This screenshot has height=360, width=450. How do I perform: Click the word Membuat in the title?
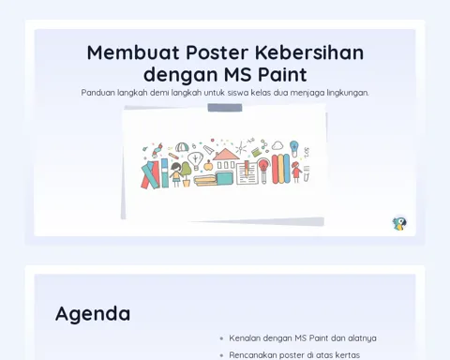tap(133, 52)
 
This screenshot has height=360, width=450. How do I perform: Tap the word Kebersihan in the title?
tap(309, 52)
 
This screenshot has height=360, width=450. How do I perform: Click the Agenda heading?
tap(93, 314)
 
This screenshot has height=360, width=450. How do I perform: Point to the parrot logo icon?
tap(399, 223)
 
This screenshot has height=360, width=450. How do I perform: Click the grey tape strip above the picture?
tap(225, 108)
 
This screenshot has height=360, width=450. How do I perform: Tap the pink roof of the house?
tap(226, 154)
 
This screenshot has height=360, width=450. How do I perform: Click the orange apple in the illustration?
tap(208, 165)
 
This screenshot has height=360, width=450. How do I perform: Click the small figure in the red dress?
tap(296, 172)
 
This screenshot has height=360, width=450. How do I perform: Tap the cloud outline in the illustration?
tap(277, 145)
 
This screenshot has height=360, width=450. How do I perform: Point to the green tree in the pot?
tap(187, 173)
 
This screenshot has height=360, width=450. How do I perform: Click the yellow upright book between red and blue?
tap(280, 169)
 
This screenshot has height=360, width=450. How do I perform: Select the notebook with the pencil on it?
tap(247, 172)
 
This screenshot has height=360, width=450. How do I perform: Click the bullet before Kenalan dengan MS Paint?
tap(221, 338)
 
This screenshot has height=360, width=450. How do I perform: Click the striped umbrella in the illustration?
tap(181, 147)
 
